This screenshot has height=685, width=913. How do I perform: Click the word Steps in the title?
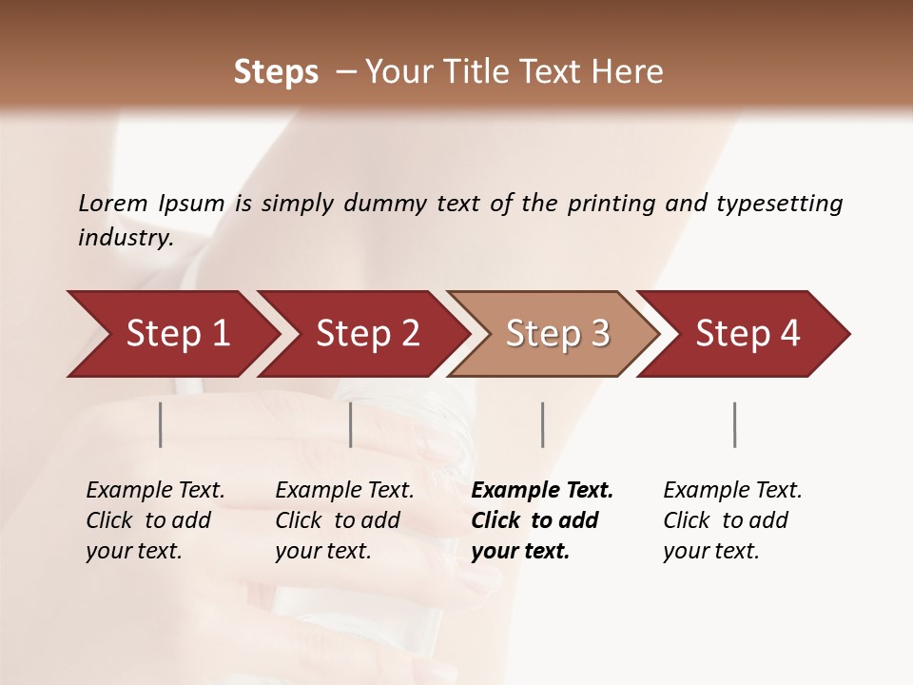pos(276,72)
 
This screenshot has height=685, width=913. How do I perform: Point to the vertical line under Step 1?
pos(161,424)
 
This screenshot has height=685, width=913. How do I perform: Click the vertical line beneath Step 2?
pos(351,424)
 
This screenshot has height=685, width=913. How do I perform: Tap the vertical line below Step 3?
pos(542,424)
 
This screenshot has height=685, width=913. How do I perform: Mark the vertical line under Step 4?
pos(734,424)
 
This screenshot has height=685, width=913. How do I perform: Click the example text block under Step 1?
pos(155,520)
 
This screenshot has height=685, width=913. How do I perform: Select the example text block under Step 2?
pos(344,520)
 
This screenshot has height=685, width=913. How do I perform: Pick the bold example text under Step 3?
pos(542,520)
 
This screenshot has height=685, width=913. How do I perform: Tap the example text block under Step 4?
pos(732,520)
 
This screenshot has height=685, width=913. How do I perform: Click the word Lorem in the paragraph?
pos(112,204)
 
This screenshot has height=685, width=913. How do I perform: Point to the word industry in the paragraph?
pos(126,238)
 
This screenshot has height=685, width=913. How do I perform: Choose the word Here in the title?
pos(631,72)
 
